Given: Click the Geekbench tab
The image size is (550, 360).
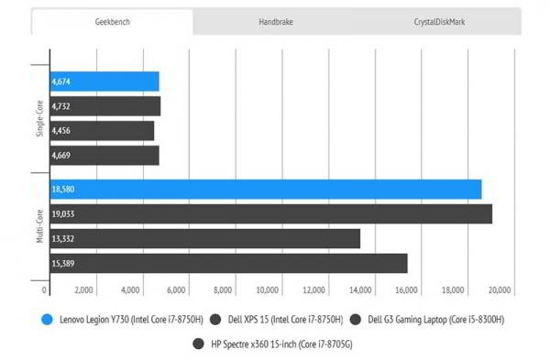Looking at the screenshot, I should pos(113,21).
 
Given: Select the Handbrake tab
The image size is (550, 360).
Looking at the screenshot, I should pos(275,21).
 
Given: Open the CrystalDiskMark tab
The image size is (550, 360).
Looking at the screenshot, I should pos(438,21).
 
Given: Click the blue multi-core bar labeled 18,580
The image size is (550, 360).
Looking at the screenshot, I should pos(265,190).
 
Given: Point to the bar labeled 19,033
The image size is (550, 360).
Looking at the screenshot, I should pos(270,214).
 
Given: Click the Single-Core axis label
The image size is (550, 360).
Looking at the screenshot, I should pos(39,119).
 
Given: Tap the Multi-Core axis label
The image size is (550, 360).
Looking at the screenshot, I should pos(39,226).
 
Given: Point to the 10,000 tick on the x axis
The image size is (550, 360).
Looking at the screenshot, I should pos(268,290).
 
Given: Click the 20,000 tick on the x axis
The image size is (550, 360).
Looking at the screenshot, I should pos(500,290).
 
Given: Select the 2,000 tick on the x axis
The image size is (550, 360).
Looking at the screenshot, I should pos(82,290).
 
